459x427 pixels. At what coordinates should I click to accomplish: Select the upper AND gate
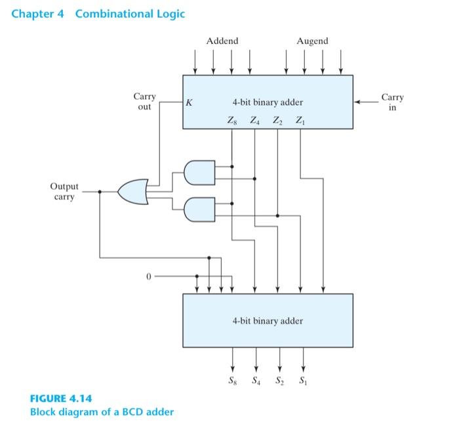pos(199,173)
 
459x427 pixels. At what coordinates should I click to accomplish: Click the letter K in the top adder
pos(189,103)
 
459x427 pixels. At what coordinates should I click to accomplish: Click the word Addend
pos(222,41)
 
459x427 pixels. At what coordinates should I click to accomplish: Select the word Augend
pos(312,41)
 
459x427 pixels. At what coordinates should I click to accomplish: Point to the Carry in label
pos(392,102)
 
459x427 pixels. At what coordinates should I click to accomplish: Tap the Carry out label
pos(144,102)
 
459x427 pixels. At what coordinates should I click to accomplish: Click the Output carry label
pos(64,191)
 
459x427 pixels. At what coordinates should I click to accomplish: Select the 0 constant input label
pos(148,277)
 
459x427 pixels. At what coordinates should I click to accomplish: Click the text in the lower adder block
pos(268,321)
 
